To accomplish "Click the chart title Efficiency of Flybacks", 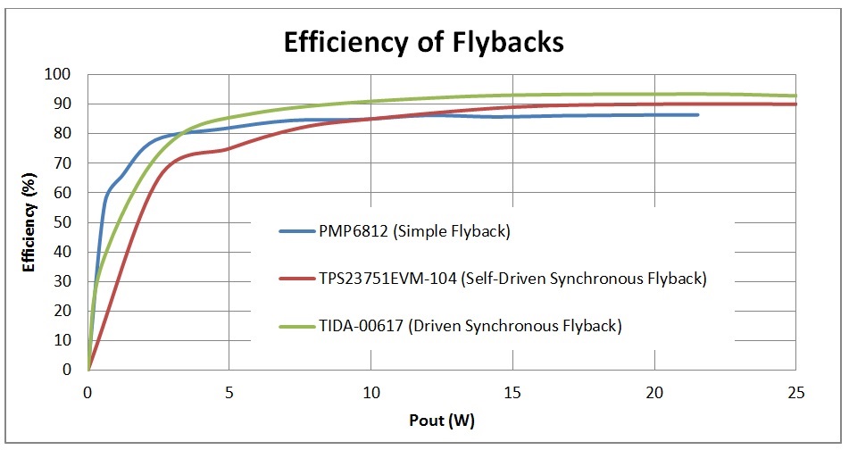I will click(x=423, y=42).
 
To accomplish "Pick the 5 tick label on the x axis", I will click(x=229, y=391).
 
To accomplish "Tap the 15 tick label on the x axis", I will click(x=512, y=391).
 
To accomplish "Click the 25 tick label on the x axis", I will click(x=795, y=391).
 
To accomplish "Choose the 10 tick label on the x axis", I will click(x=370, y=391).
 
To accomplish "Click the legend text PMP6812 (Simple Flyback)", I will click(x=413, y=232).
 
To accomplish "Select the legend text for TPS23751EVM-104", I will click(x=512, y=279).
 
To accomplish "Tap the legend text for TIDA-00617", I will click(x=470, y=326).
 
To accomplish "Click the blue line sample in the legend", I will click(x=295, y=232).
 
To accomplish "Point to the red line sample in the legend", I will click(x=295, y=279).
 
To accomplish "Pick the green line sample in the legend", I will click(x=295, y=326).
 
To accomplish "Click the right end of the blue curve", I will click(x=697, y=114).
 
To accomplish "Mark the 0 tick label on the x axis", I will click(x=87, y=391).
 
